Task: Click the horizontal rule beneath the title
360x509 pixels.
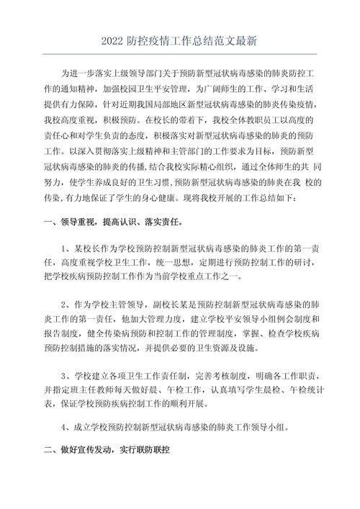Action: [180, 55]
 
